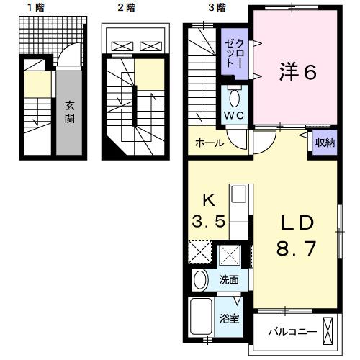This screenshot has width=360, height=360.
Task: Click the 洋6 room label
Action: (297, 71)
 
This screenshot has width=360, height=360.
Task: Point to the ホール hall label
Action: (209, 143)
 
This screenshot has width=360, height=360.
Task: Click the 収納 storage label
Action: (324, 142)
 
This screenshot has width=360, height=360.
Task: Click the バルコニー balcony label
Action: (287, 331)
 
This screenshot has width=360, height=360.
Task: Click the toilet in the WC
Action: (234, 96)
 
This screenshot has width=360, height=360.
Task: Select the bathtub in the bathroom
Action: (202, 318)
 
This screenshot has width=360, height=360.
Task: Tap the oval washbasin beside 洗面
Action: (202, 279)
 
